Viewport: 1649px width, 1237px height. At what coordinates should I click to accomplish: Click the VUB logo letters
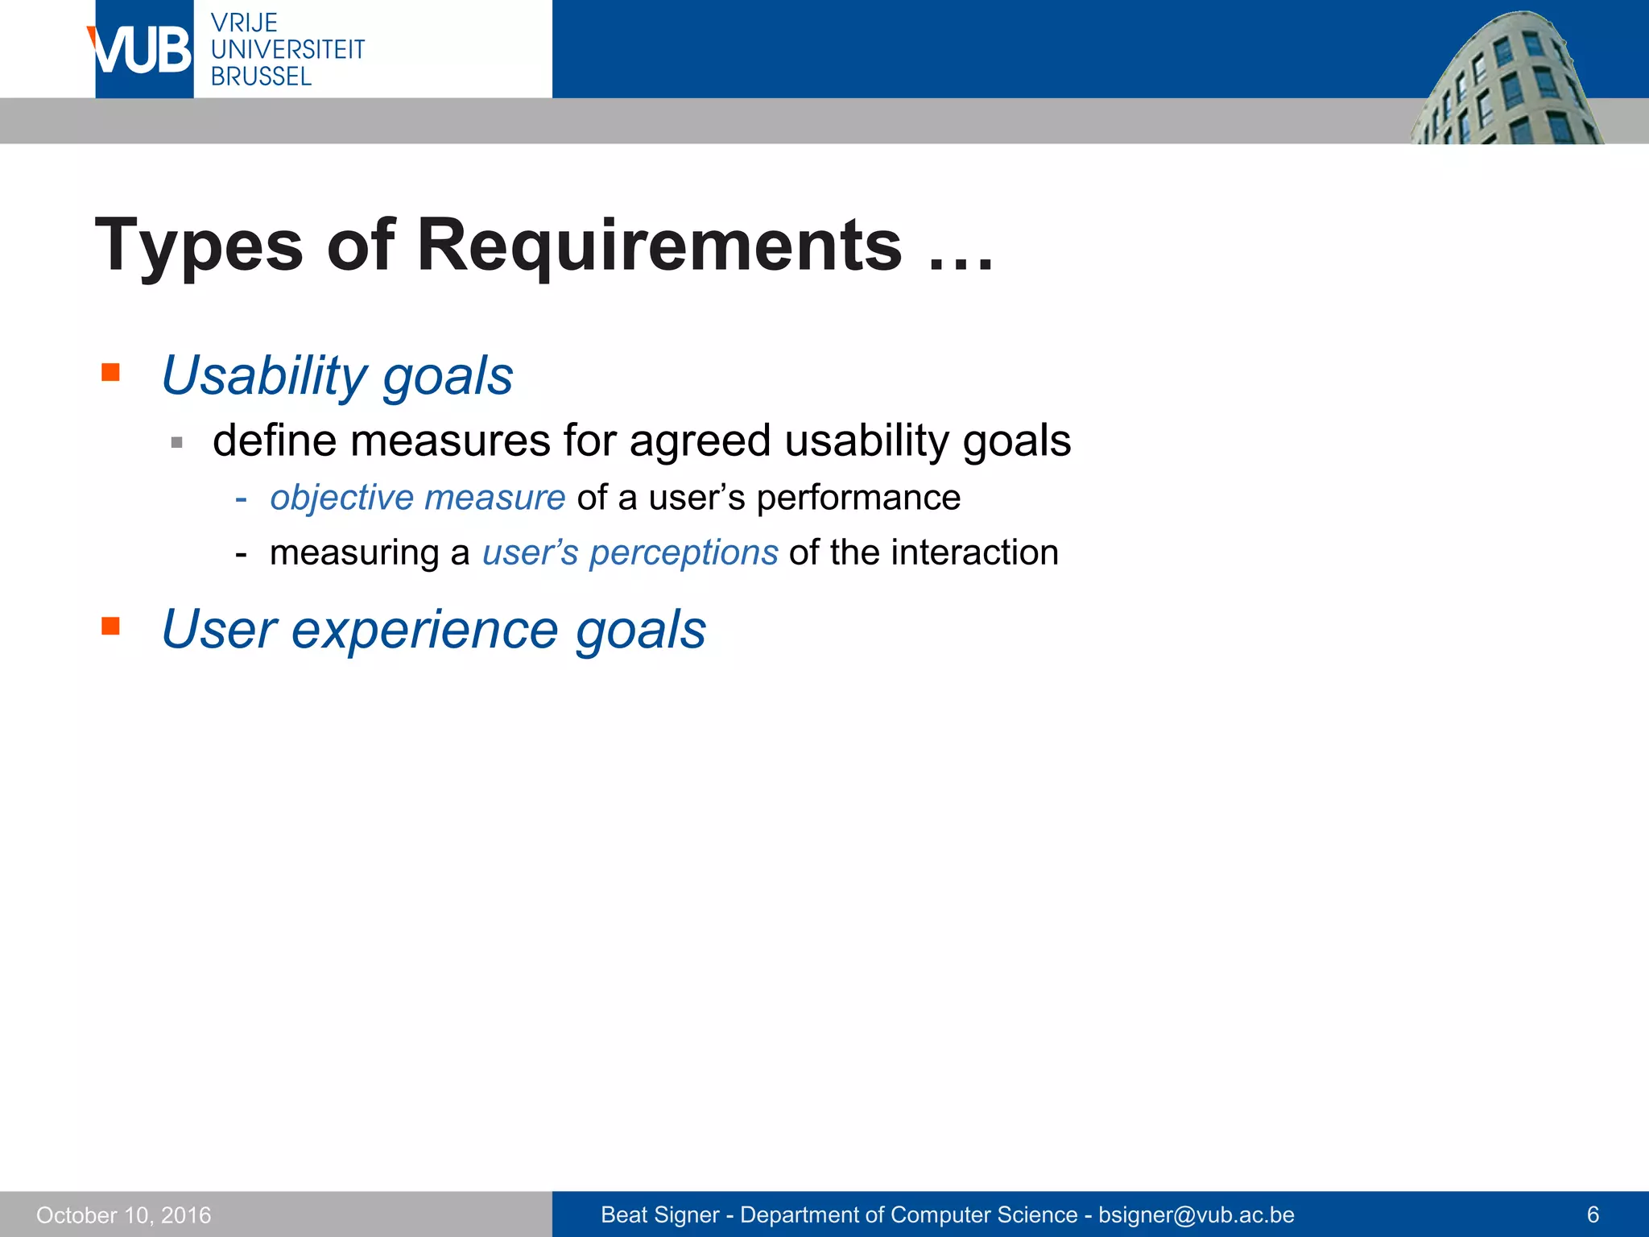pos(143,51)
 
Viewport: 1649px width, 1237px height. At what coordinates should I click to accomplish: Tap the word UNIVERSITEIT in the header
pos(287,50)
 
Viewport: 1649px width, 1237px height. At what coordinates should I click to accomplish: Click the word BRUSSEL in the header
pos(261,77)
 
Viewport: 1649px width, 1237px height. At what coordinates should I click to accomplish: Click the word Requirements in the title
pos(659,246)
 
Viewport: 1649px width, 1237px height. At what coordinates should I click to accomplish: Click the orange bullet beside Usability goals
pos(110,372)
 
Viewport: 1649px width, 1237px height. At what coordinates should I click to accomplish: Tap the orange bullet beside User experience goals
pos(110,626)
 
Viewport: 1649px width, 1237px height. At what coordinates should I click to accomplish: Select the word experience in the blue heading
pos(424,629)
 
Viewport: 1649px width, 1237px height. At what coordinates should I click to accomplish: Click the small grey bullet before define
pos(177,442)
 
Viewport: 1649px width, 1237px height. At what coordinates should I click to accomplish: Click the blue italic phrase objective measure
pos(417,498)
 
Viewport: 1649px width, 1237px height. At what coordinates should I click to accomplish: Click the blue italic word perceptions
pos(684,553)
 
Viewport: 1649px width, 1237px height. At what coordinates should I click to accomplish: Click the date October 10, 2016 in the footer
pos(123,1214)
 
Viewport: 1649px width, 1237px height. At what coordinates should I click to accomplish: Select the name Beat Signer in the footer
pos(659,1214)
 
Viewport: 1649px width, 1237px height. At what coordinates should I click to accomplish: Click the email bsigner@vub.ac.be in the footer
pos(1196,1214)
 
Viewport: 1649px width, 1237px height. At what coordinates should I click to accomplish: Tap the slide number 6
pos(1592,1214)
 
